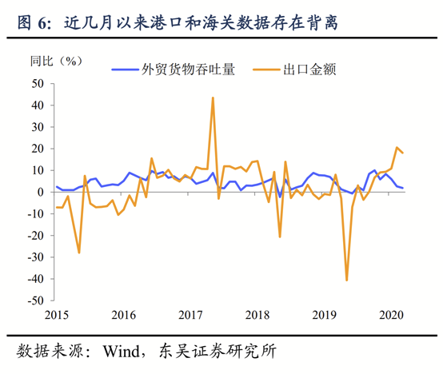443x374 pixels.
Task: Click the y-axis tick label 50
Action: [37, 83]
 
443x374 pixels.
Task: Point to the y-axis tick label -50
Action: [34, 301]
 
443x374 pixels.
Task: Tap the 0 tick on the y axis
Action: [40, 192]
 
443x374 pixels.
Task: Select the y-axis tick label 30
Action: [37, 126]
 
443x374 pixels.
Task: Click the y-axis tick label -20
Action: [34, 236]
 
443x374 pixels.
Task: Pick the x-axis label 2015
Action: [56, 314]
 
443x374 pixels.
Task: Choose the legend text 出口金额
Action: [309, 69]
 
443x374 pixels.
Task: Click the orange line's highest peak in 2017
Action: [213, 98]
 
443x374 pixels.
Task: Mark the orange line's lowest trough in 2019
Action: [347, 280]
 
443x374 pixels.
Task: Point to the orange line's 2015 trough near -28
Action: [79, 253]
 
